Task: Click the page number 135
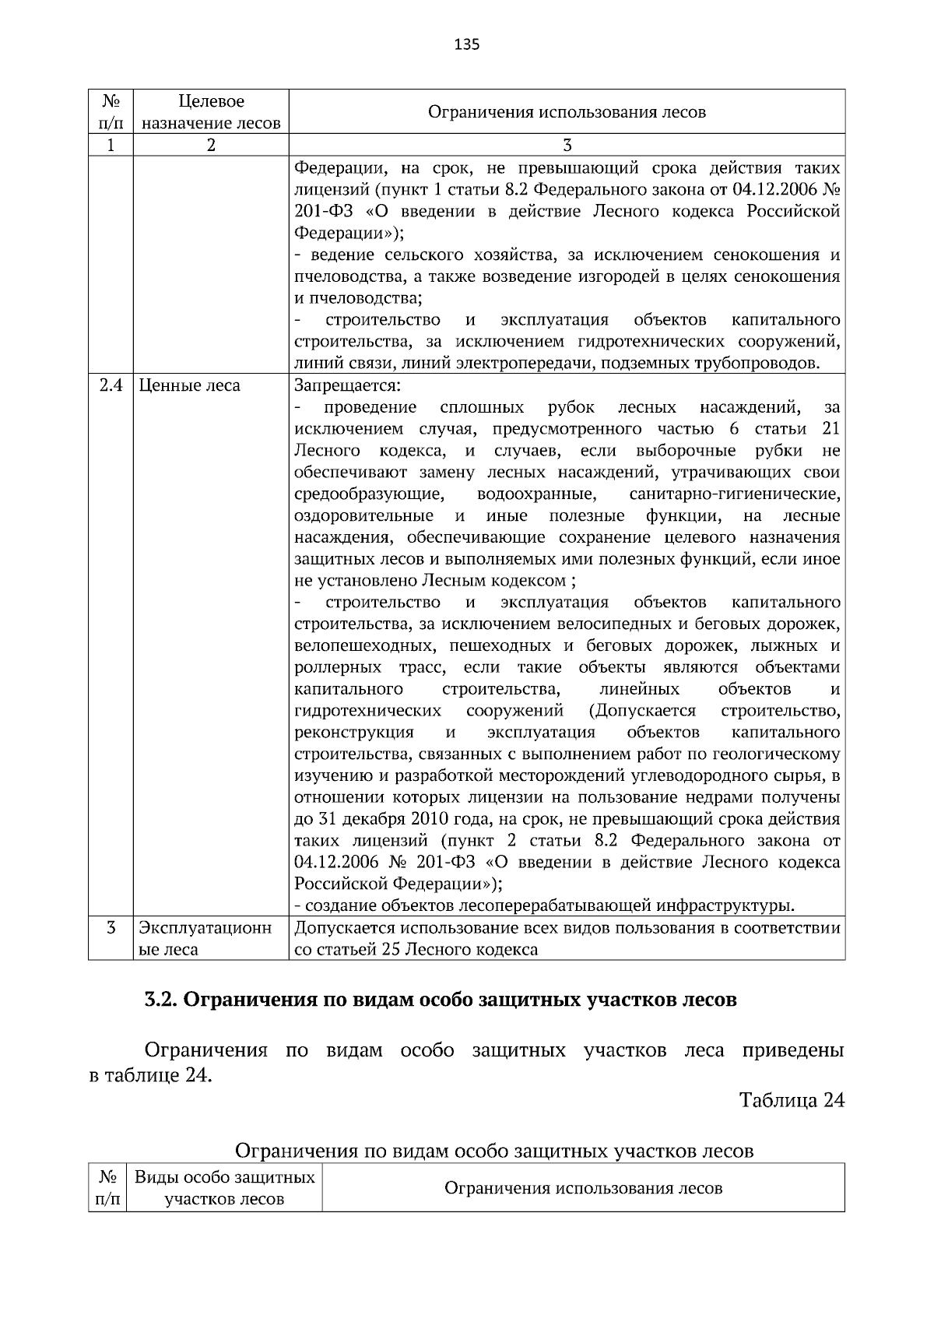pyautogui.click(x=466, y=44)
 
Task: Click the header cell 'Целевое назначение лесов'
pyautogui.click(x=211, y=112)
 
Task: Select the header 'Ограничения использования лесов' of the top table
pyautogui.click(x=567, y=112)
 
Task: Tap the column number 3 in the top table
pyautogui.click(x=567, y=146)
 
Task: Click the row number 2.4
pyautogui.click(x=111, y=385)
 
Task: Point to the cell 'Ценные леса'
pyautogui.click(x=189, y=385)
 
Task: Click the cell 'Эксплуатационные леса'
pyautogui.click(x=205, y=939)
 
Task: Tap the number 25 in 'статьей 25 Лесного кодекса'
pyautogui.click(x=392, y=950)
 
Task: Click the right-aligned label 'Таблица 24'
pyautogui.click(x=791, y=1100)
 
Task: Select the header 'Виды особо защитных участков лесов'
pyautogui.click(x=224, y=1188)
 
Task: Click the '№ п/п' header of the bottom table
pyautogui.click(x=106, y=1188)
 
